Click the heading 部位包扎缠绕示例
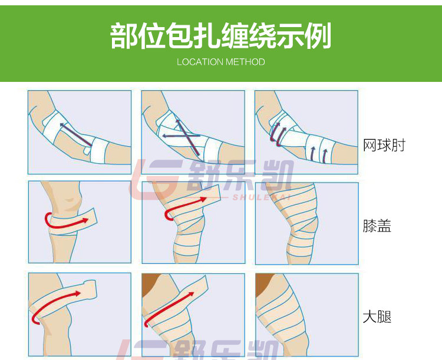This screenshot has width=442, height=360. [x=220, y=36]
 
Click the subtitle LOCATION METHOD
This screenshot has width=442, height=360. [x=220, y=62]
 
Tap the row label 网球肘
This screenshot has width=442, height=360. [x=384, y=145]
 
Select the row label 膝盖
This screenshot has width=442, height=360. [x=377, y=226]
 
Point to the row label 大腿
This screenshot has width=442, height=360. [x=377, y=317]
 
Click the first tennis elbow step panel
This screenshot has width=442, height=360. [x=80, y=132]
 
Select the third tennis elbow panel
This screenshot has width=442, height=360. [x=306, y=132]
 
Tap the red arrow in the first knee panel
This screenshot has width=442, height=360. [x=65, y=220]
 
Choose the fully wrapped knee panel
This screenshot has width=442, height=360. [x=306, y=223]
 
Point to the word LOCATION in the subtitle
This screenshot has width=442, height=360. [x=199, y=62]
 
